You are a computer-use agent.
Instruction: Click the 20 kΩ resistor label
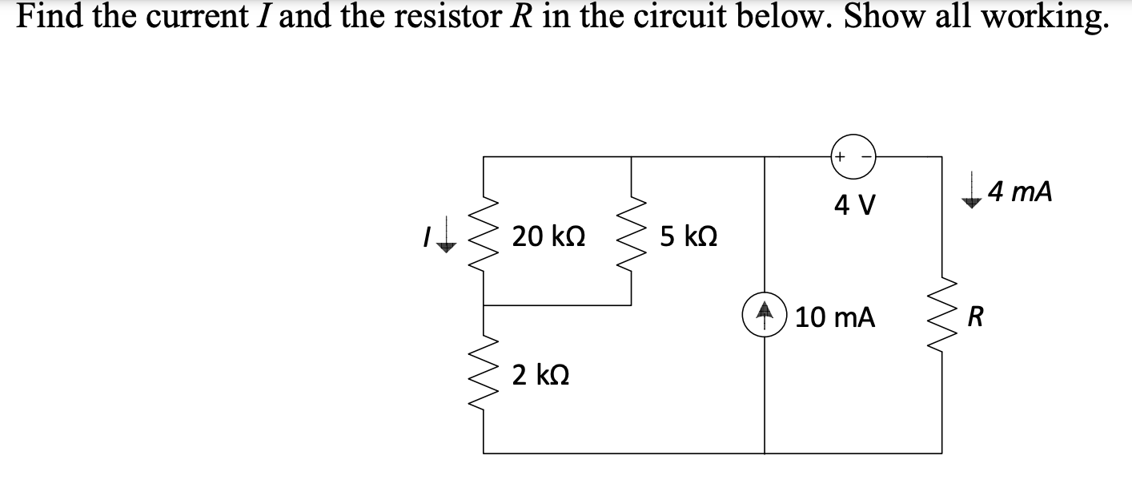pos(549,236)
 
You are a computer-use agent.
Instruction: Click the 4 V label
pos(855,207)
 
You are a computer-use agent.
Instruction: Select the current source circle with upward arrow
pos(765,317)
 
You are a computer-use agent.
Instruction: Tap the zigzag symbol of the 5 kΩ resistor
pos(632,232)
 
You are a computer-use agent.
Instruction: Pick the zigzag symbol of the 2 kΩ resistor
pos(484,375)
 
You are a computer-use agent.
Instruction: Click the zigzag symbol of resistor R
pos(941,318)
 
